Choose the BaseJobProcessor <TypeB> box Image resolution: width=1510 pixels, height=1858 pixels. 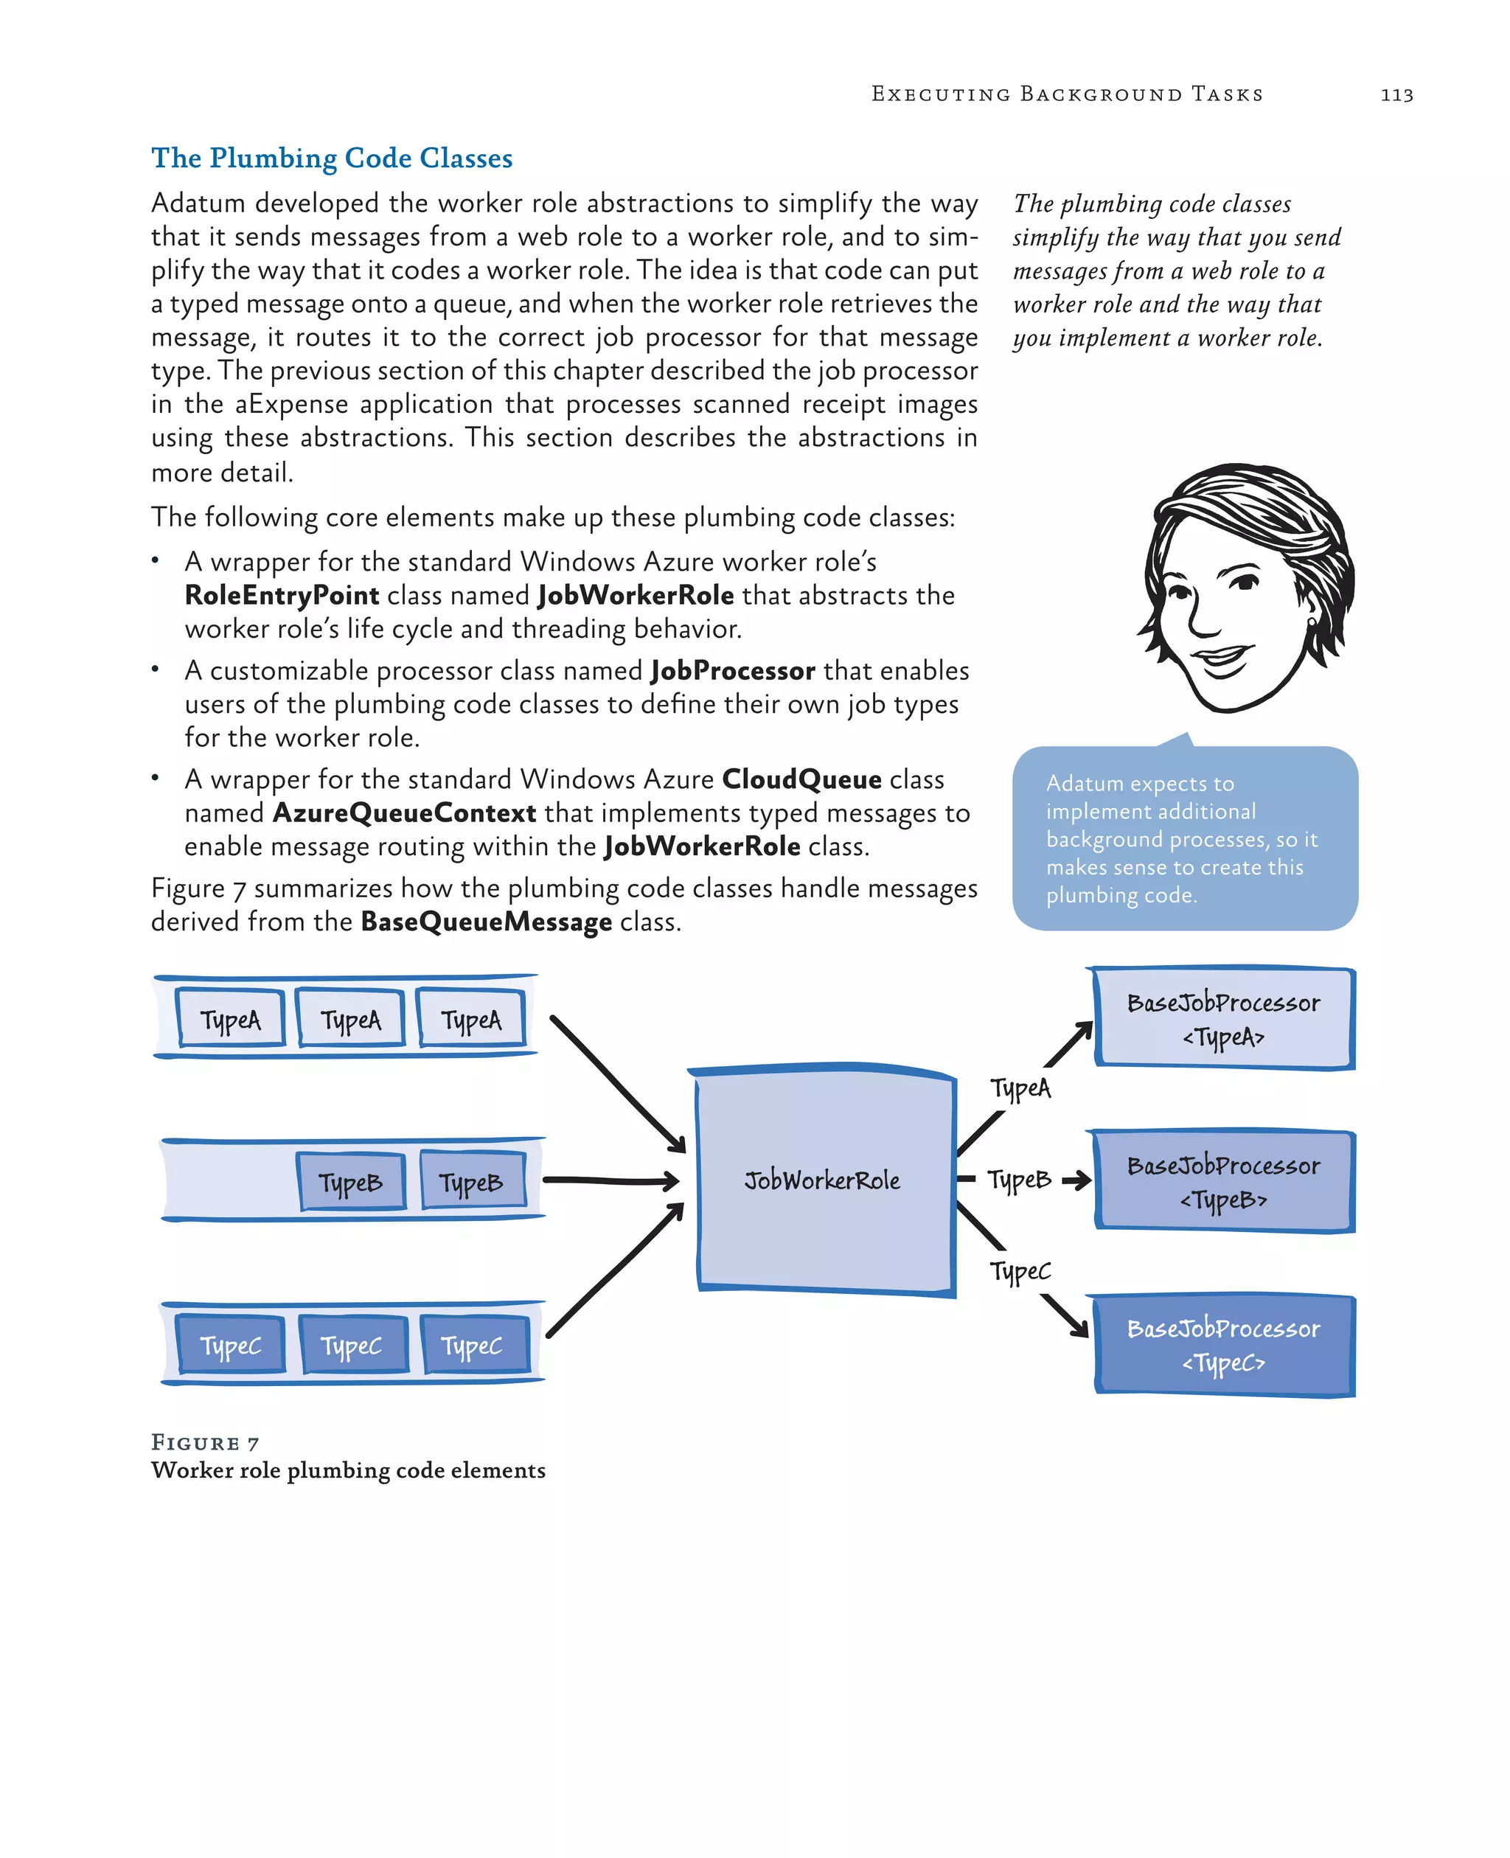[x=1223, y=1181]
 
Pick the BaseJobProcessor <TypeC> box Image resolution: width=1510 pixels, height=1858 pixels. [x=1223, y=1345]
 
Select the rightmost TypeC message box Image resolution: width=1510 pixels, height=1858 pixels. [x=473, y=1345]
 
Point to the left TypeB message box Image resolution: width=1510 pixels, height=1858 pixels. [x=350, y=1181]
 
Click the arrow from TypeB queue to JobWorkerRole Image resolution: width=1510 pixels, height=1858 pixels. [x=609, y=1180]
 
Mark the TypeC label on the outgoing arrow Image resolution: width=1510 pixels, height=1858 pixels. [x=1020, y=1271]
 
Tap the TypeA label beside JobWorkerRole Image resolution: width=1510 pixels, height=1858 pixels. [x=1020, y=1088]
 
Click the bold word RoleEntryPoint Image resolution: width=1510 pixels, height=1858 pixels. [x=282, y=596]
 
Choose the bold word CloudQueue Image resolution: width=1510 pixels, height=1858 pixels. [x=801, y=779]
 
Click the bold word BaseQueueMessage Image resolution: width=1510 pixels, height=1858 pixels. [x=485, y=922]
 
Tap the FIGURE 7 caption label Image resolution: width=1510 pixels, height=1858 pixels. [x=205, y=1443]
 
